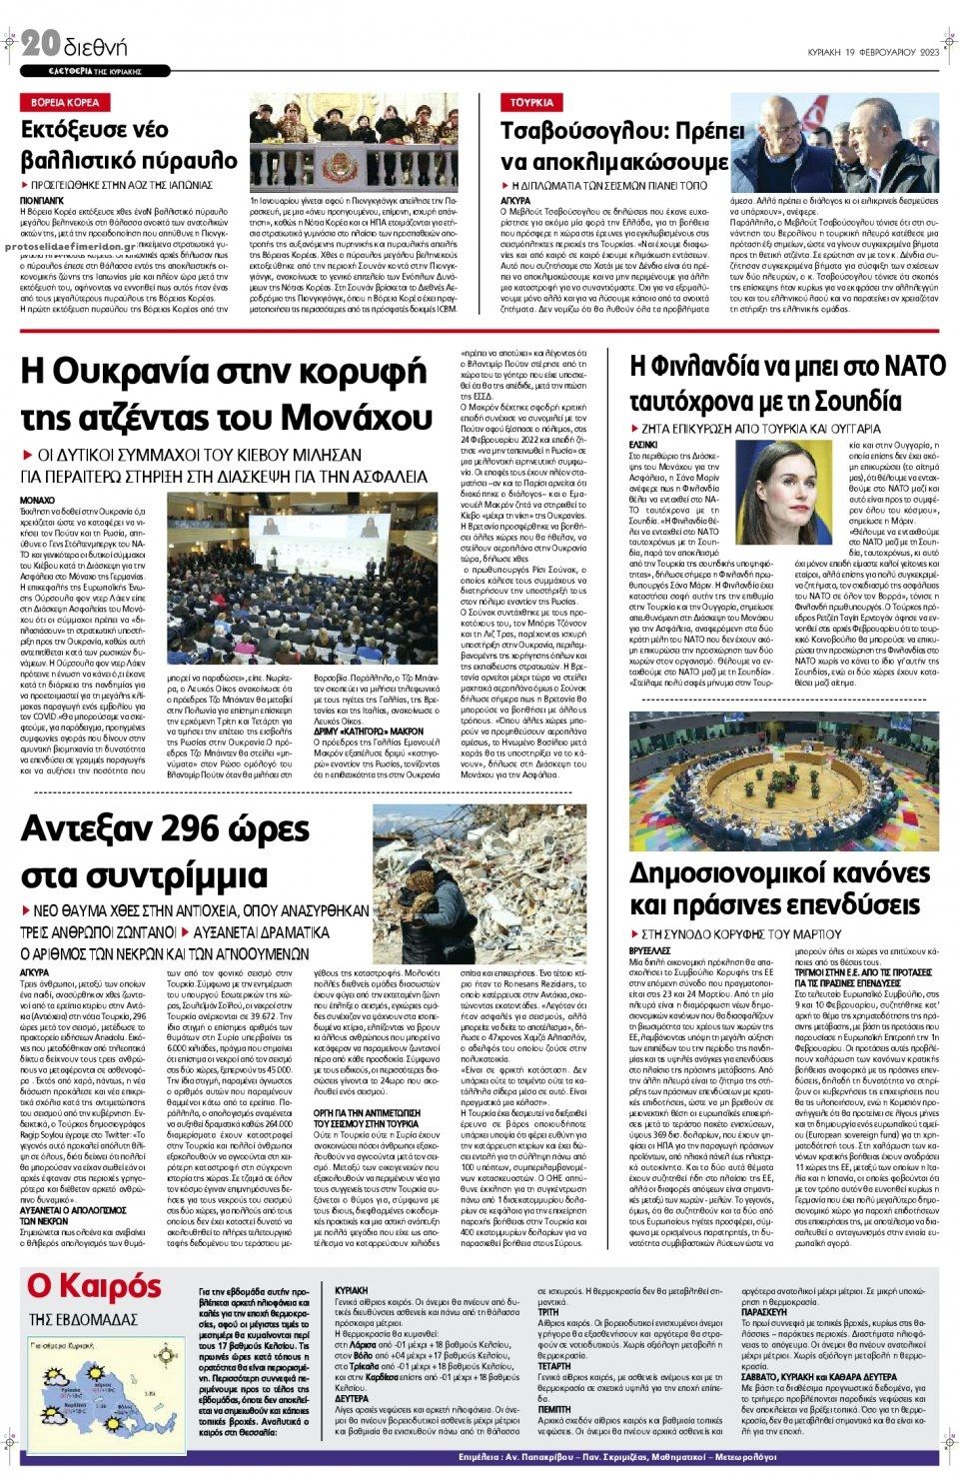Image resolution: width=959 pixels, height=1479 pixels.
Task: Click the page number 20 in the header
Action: (x=39, y=44)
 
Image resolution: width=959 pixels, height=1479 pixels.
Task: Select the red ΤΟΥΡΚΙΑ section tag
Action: (x=531, y=102)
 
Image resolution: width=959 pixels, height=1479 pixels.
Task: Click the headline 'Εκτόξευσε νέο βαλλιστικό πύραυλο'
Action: (x=130, y=145)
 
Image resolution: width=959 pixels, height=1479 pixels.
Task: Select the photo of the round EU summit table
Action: (x=783, y=779)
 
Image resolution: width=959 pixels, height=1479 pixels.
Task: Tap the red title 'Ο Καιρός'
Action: (x=93, y=1284)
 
